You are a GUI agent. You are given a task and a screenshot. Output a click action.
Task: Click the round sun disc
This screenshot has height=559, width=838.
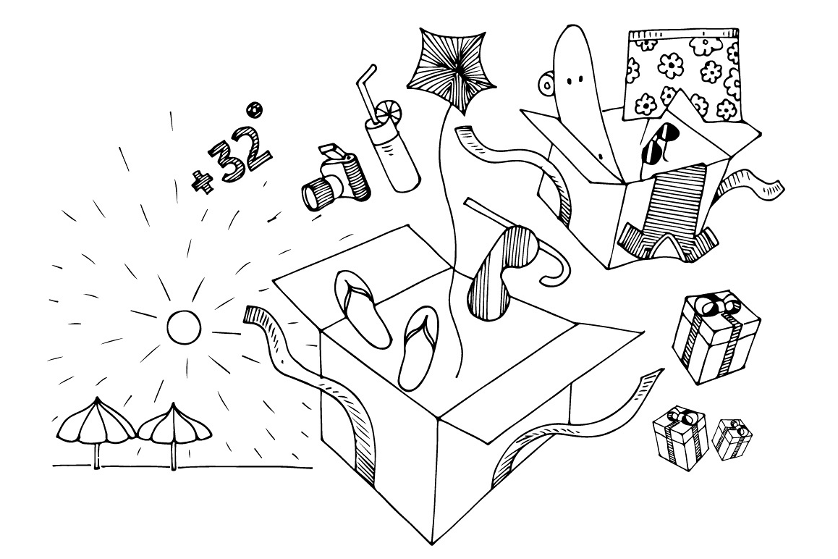184,327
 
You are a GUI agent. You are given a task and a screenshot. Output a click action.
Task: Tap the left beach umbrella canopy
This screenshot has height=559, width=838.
96,423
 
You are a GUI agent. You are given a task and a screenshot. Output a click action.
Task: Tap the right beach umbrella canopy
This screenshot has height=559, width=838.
174,424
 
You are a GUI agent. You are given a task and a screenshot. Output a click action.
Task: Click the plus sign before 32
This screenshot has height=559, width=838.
202,182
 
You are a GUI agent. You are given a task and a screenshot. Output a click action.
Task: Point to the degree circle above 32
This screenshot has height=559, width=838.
255,109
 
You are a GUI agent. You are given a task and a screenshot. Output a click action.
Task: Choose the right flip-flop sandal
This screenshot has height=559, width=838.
420,348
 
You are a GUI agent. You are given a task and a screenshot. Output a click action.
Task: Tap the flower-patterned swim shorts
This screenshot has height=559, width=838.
684,75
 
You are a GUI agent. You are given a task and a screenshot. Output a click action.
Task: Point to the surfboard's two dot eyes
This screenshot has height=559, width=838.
574,80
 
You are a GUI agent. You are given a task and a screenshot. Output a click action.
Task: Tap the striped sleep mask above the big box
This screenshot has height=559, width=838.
494,273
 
